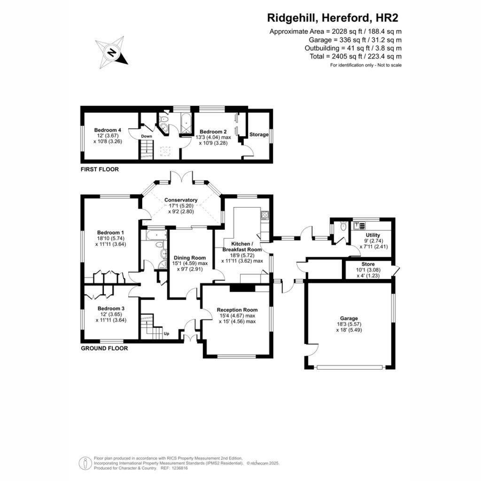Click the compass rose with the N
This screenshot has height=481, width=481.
coord(112,52)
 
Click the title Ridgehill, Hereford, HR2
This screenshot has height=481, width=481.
coord(333,18)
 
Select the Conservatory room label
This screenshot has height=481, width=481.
coord(181,200)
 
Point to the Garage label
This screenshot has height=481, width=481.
coord(349,318)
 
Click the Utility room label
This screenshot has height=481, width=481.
coord(372,235)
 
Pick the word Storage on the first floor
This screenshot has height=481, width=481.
coord(259,134)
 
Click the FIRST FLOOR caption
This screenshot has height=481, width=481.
coord(100,169)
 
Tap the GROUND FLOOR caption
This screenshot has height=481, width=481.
coord(104,348)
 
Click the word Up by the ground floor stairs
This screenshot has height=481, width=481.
coord(166,334)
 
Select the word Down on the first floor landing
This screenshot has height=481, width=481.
coord(147,136)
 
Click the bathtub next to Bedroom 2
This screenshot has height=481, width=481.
coord(186,124)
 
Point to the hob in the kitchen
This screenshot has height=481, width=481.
coord(265,215)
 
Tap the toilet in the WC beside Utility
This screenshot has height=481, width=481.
coord(343,226)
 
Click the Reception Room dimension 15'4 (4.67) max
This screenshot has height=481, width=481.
coord(237,316)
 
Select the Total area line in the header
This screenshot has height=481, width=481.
coord(356,56)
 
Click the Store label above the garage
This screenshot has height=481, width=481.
coord(368,264)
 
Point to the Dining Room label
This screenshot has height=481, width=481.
coord(190,258)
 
